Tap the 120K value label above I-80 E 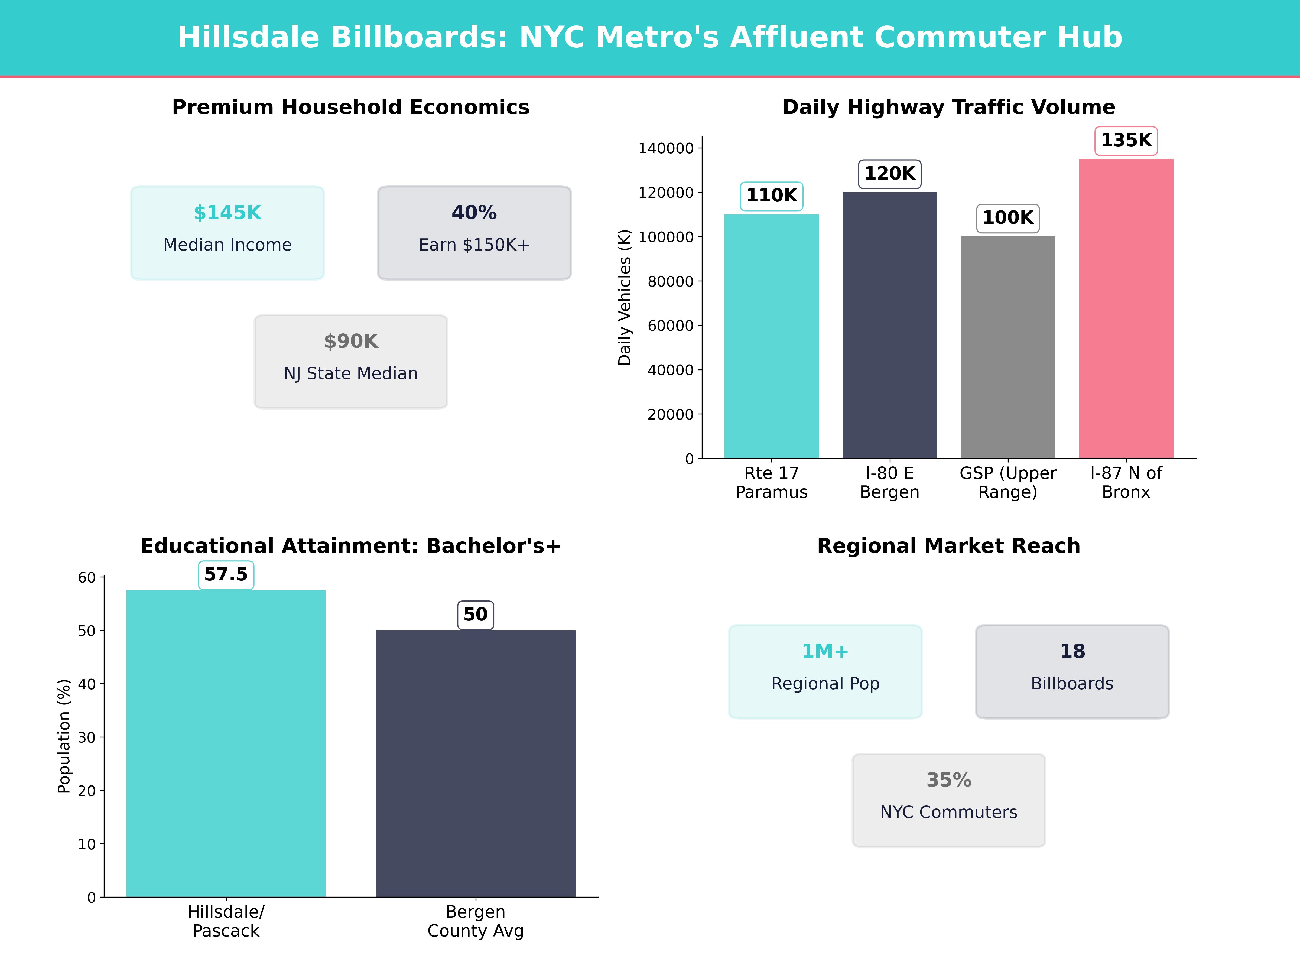coord(890,174)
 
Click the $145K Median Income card coord(227,233)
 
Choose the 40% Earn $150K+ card coord(474,233)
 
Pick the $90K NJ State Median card coord(351,362)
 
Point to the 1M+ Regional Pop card coord(825,671)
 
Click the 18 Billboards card coord(1072,671)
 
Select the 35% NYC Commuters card coord(948,800)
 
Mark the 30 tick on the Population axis coord(87,737)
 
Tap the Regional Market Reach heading coord(948,546)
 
